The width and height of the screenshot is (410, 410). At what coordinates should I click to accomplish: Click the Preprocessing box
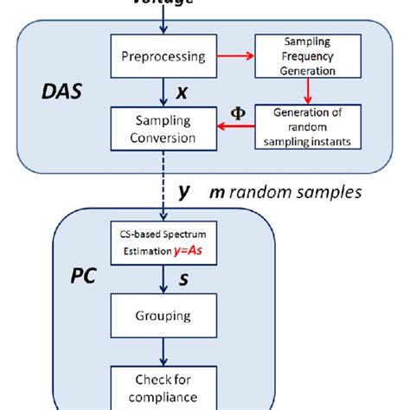coord(162,57)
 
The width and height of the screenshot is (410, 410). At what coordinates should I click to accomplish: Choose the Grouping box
coord(162,317)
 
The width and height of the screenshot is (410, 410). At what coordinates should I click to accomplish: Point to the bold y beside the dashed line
coord(184,192)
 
